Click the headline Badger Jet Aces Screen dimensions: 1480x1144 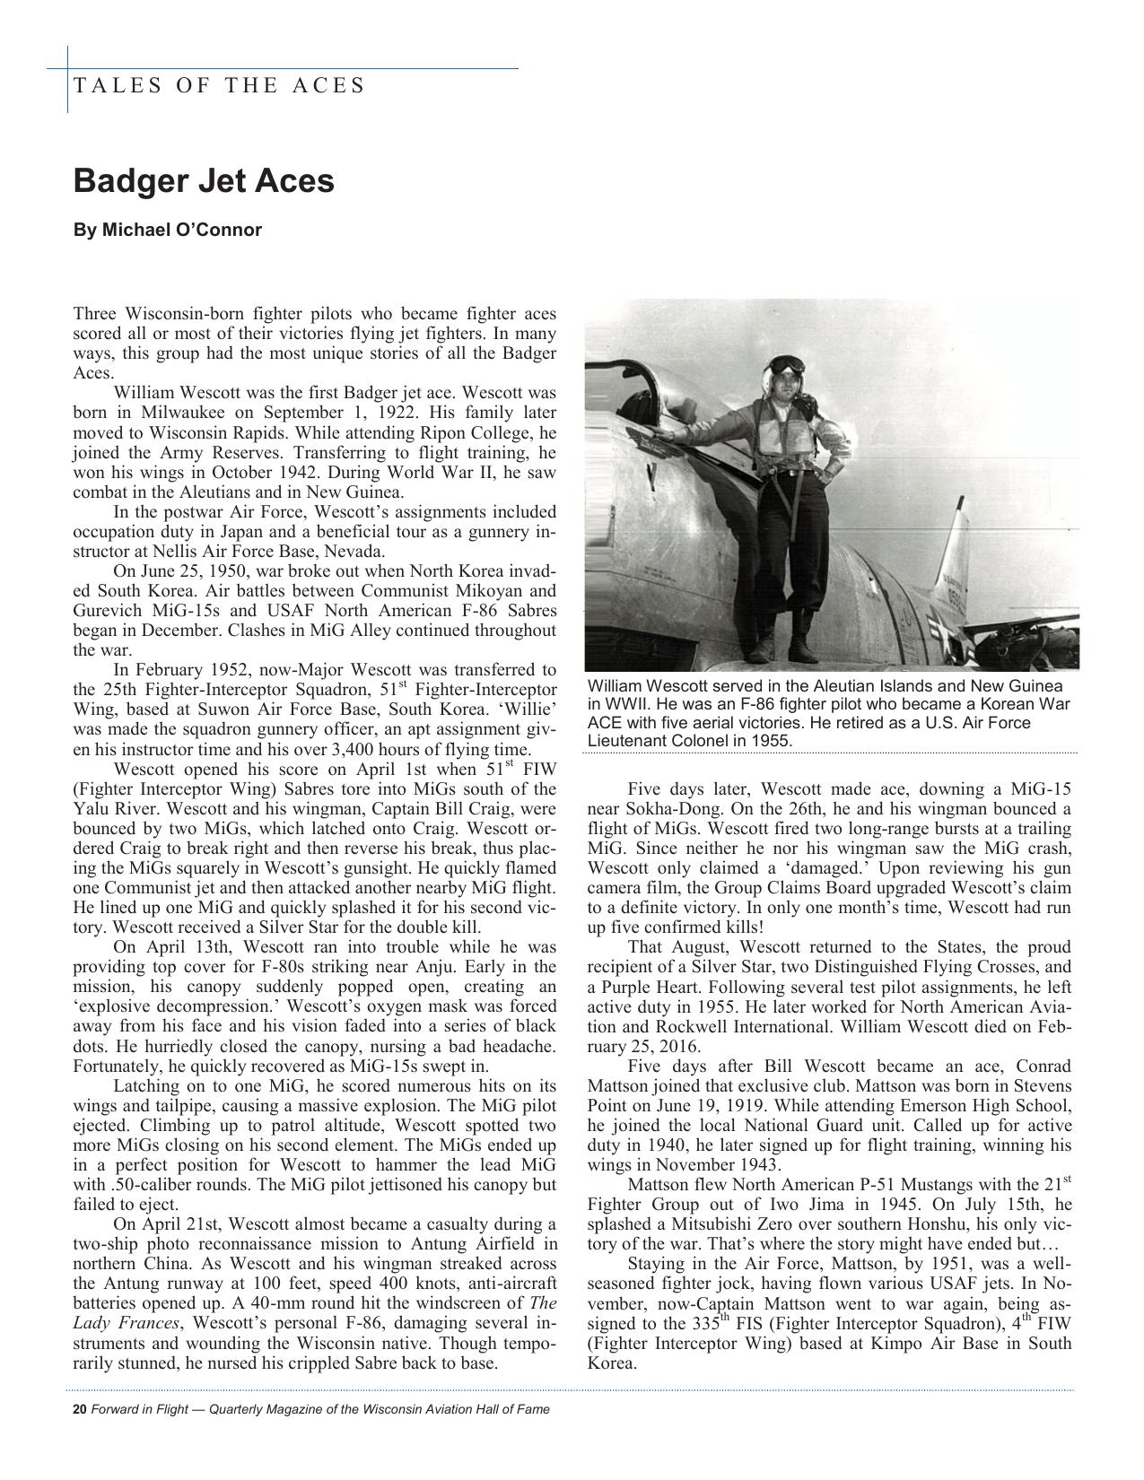pyautogui.click(x=204, y=180)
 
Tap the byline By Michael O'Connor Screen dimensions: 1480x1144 pyautogui.click(x=168, y=230)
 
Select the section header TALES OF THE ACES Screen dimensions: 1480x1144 pyautogui.click(x=219, y=85)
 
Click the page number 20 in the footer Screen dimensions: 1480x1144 pyautogui.click(x=79, y=1409)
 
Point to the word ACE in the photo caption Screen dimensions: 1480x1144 pyautogui.click(x=607, y=723)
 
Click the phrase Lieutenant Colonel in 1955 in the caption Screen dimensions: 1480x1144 pyautogui.click(x=689, y=741)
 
